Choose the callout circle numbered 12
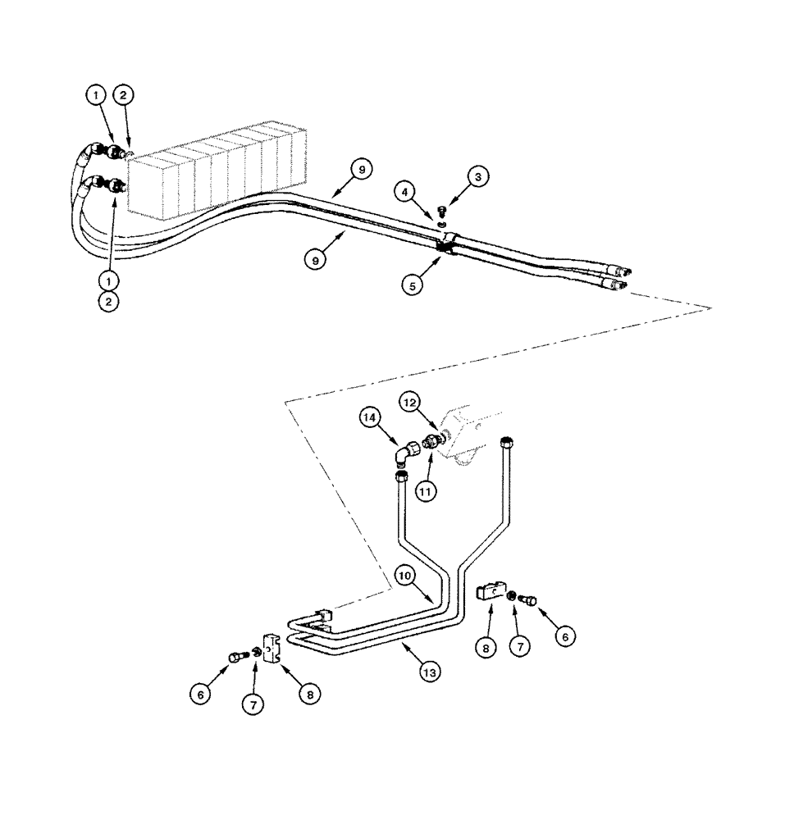[409, 403]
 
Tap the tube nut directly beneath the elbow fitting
[402, 476]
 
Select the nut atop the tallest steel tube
[509, 443]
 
